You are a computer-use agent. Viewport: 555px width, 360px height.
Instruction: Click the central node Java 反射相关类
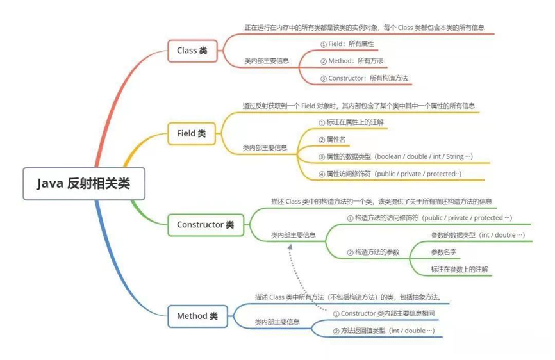pyautogui.click(x=84, y=184)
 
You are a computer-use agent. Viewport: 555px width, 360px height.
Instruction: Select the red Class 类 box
pyautogui.click(x=192, y=51)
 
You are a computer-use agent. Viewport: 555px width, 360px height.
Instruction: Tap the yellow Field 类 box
pyautogui.click(x=192, y=134)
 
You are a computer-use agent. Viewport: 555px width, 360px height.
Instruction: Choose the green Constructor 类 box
pyautogui.click(x=206, y=225)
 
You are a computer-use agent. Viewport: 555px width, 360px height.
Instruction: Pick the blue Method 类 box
pyautogui.click(x=197, y=316)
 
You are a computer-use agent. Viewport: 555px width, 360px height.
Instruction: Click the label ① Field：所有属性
pyautogui.click(x=347, y=44)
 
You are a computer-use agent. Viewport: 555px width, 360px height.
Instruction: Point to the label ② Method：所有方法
pyautogui.click(x=351, y=61)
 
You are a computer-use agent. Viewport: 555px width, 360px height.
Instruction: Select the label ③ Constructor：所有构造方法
pyautogui.click(x=364, y=78)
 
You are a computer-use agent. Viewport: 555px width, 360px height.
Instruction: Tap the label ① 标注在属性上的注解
pyautogui.click(x=351, y=122)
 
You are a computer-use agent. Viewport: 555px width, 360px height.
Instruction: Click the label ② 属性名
pyautogui.click(x=332, y=140)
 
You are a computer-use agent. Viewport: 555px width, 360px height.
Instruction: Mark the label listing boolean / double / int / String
pyautogui.click(x=395, y=157)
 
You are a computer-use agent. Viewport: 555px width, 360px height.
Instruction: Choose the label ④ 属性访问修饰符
pyautogui.click(x=390, y=174)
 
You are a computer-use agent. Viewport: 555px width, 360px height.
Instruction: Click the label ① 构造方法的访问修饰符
pyautogui.click(x=429, y=218)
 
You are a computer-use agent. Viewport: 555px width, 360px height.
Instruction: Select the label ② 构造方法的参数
pyautogui.click(x=373, y=252)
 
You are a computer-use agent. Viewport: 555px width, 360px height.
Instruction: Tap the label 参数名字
pyautogui.click(x=443, y=252)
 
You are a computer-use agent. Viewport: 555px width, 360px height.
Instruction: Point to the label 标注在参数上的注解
pyautogui.click(x=459, y=270)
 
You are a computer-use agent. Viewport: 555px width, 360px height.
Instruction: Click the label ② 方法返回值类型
pyautogui.click(x=384, y=331)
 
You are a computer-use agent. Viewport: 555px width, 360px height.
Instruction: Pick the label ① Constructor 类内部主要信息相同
pyautogui.click(x=384, y=313)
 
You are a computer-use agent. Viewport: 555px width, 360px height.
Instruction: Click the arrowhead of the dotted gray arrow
pyautogui.click(x=290, y=247)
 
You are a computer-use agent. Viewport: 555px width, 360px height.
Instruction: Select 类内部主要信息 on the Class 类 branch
pyautogui.click(x=267, y=61)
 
